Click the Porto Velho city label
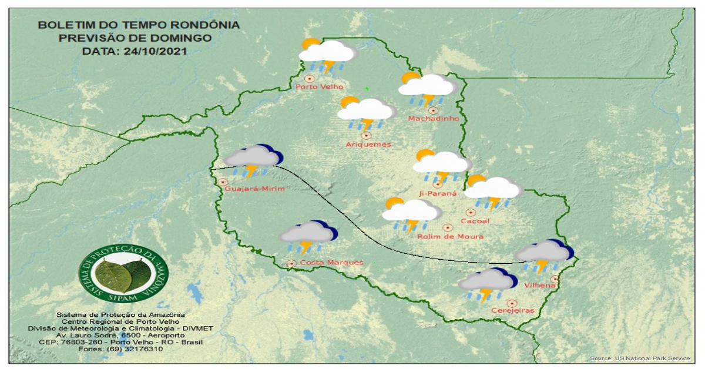315,87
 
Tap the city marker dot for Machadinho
433,110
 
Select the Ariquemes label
368,145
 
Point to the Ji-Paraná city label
437,193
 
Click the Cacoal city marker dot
471,212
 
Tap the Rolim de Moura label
451,236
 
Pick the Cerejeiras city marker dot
512,303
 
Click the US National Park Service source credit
640,358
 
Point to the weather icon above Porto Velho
327,56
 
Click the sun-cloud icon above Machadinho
428,89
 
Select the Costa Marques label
331,263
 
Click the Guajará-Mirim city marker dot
223,182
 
